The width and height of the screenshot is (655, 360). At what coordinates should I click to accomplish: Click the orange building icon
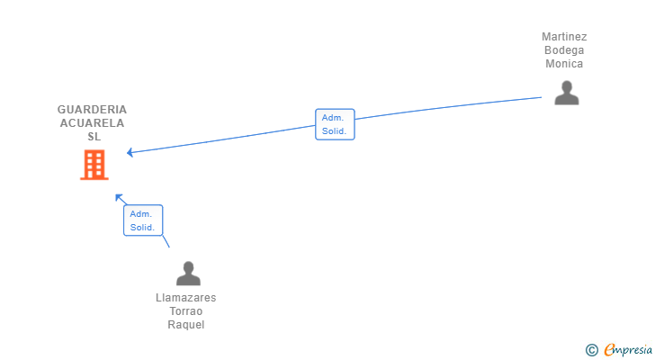[94, 165]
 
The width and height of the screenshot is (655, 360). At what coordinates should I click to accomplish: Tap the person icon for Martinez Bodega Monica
[567, 93]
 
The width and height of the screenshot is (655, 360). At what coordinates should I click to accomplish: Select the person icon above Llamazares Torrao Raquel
[188, 274]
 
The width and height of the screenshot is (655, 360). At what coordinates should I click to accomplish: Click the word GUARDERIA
[92, 110]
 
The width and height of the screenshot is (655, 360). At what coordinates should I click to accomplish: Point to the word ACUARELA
[92, 123]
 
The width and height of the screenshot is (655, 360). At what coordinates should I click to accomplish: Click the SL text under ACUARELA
[94, 137]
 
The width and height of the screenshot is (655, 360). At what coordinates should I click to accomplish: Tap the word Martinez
[564, 37]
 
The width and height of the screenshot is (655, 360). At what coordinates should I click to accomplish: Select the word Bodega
[564, 50]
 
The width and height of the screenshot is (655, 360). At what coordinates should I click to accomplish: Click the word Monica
[564, 64]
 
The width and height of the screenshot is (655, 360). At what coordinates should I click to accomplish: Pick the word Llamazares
[186, 298]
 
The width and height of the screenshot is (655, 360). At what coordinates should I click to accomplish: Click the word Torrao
[186, 311]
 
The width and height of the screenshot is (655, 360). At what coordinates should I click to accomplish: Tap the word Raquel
[186, 325]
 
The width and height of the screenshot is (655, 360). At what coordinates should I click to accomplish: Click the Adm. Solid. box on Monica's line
[335, 124]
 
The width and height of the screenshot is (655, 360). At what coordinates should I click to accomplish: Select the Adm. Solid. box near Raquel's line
[143, 220]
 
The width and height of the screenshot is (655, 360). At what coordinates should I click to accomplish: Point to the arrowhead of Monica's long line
[130, 152]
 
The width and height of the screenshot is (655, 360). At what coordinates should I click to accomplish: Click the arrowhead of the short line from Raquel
[119, 197]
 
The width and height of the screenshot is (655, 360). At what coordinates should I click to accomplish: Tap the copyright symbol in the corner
[591, 350]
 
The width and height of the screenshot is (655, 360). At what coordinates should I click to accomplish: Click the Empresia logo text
[628, 350]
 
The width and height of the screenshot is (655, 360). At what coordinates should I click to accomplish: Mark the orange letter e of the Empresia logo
[610, 349]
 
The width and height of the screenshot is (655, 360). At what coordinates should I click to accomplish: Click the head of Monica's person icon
[567, 87]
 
